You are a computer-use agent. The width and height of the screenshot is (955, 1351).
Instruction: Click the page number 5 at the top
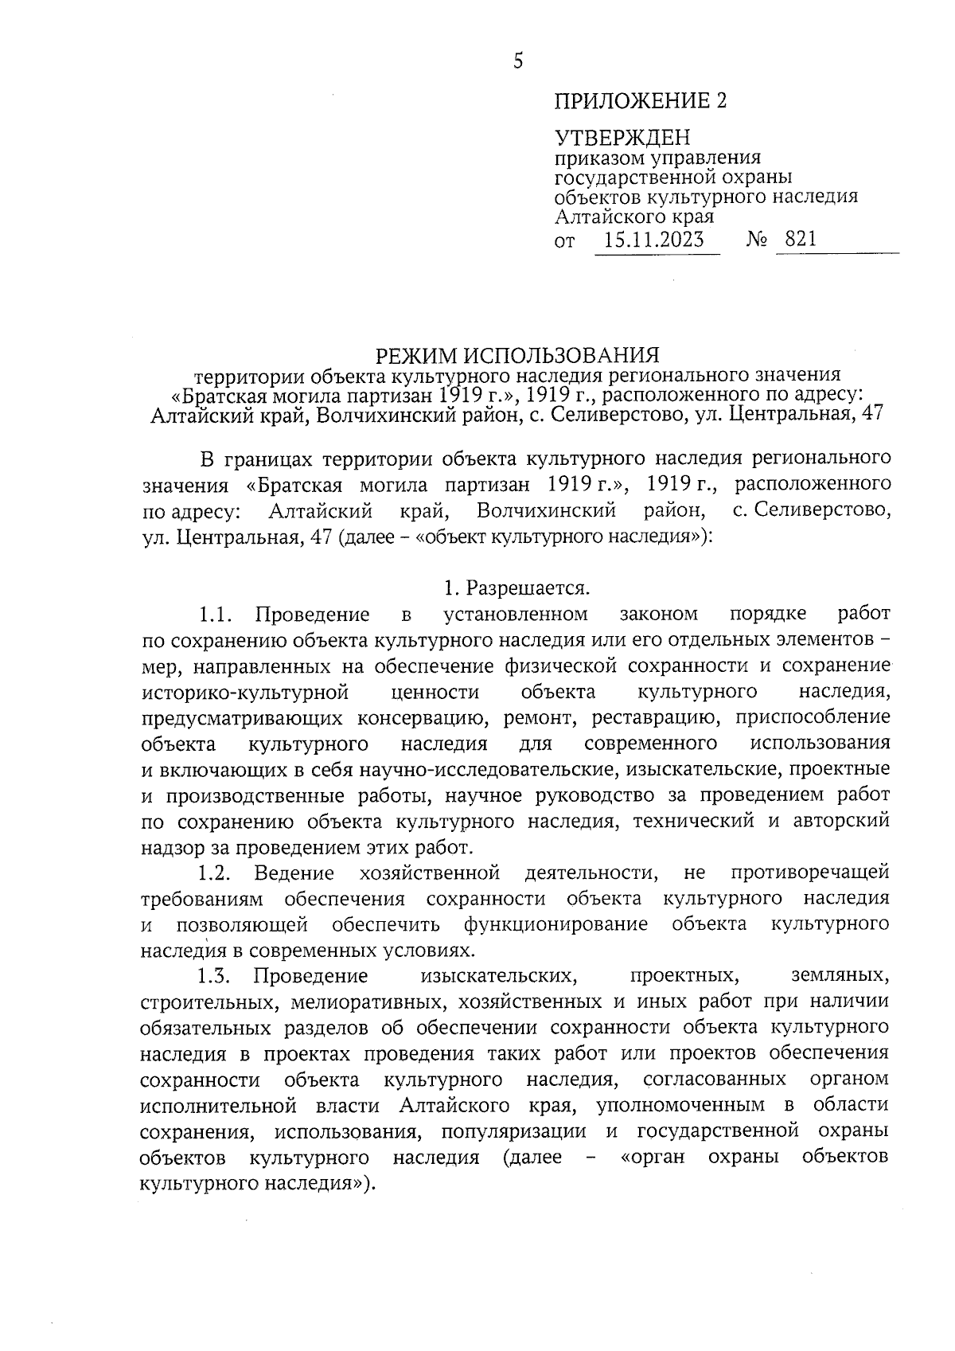tap(518, 61)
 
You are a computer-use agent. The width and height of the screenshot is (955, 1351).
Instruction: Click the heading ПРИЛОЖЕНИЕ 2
tap(641, 101)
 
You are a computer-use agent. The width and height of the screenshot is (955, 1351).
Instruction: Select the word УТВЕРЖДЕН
tap(622, 138)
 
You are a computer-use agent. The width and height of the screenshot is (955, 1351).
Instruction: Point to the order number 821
tap(801, 240)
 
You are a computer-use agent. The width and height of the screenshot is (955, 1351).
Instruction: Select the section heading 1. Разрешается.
tap(517, 588)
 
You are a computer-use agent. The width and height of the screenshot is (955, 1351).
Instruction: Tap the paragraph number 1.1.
tap(215, 614)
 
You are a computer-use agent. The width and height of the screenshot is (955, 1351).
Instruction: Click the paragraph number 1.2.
tap(215, 873)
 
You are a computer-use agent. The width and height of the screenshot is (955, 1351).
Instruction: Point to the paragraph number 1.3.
tap(215, 977)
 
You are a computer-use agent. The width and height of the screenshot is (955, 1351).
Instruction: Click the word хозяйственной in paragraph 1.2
tap(429, 873)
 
